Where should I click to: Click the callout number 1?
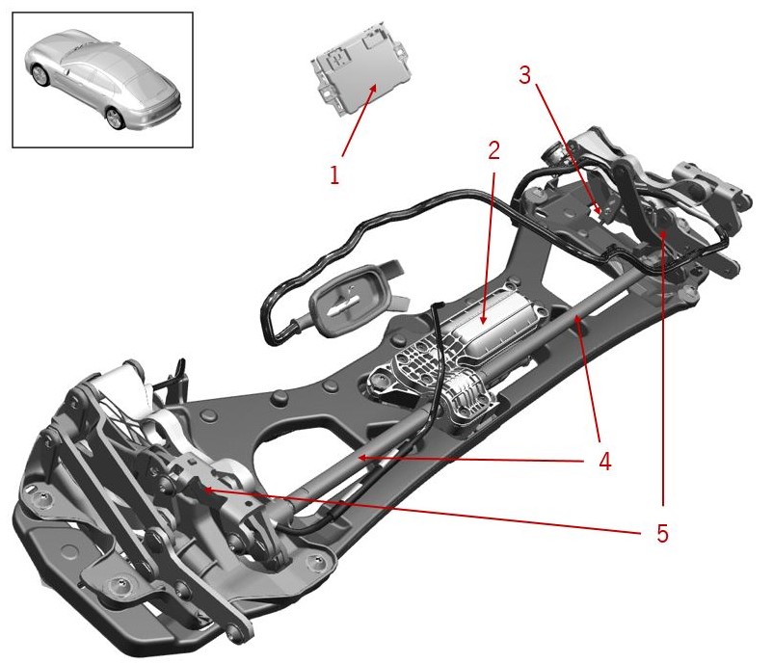click(x=334, y=175)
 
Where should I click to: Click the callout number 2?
click(x=493, y=150)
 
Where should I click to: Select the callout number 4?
click(x=605, y=462)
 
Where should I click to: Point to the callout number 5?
click(x=662, y=533)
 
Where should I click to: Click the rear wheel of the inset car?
click(x=116, y=118)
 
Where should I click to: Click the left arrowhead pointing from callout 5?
click(x=204, y=490)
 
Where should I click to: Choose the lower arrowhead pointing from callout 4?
click(x=361, y=458)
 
